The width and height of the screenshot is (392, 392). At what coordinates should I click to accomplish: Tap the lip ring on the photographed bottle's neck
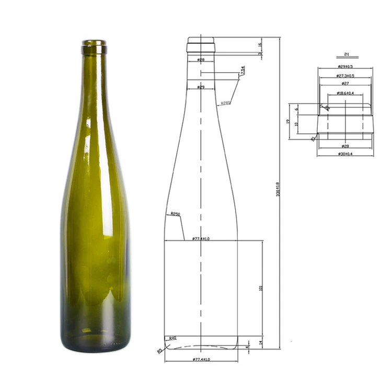[x=94, y=50]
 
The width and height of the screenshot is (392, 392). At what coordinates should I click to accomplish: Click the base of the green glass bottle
[x=95, y=342]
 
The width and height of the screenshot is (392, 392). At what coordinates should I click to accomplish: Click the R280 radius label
[x=225, y=103]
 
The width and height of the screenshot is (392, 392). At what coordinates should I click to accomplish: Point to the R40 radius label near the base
[x=171, y=339]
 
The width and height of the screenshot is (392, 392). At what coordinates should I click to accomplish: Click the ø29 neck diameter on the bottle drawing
[x=201, y=87]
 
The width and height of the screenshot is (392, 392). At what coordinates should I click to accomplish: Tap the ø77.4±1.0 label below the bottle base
[x=201, y=360]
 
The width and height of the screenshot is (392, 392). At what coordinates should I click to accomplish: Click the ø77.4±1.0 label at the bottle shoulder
[x=201, y=238]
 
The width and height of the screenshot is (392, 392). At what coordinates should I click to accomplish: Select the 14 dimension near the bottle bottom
[x=261, y=342]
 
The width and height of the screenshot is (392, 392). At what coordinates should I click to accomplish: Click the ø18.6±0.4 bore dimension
[x=345, y=93]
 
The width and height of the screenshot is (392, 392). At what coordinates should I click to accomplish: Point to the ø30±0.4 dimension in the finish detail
[x=345, y=154]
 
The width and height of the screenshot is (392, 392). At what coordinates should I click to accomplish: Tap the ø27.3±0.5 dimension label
[x=345, y=76]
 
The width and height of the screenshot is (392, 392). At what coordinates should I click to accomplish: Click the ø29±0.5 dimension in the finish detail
[x=345, y=66]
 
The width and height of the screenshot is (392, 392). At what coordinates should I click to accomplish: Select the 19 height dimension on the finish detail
[x=288, y=121]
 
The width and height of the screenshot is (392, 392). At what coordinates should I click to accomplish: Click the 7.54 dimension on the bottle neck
[x=243, y=70]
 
